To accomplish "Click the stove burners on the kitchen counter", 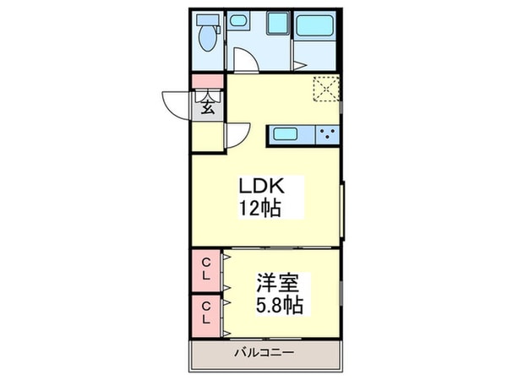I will pyautogui.click(x=328, y=133).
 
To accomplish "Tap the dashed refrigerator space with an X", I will pyautogui.click(x=326, y=88).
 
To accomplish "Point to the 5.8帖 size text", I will pyautogui.click(x=280, y=303).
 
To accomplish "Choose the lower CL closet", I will pyautogui.click(x=205, y=312).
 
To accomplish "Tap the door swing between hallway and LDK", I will pyautogui.click(x=237, y=135).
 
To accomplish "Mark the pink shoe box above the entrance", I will pyautogui.click(x=206, y=82).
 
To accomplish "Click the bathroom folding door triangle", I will pyautogui.click(x=299, y=60).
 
